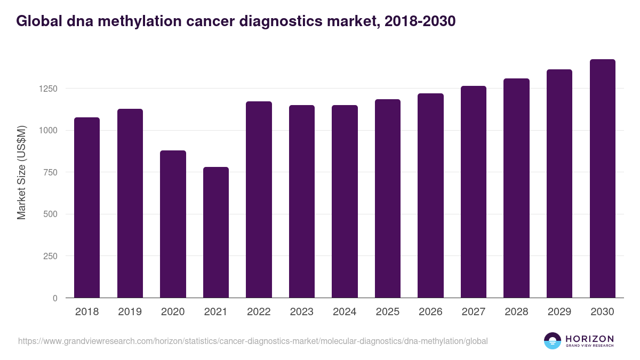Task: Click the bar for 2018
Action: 87,207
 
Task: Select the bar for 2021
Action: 216,232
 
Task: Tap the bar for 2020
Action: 173,224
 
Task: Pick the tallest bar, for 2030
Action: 602,178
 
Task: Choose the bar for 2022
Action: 259,199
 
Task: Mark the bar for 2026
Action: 430,195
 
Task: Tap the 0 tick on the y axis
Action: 55,298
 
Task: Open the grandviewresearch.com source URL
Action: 253,341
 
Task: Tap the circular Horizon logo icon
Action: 553,341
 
